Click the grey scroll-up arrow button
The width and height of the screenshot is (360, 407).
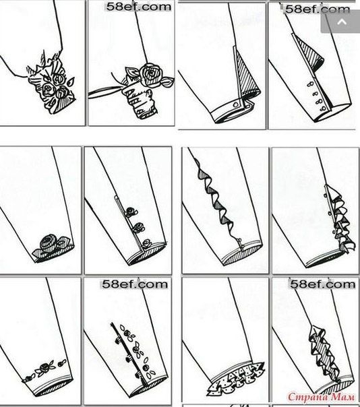pyautogui.click(x=341, y=22)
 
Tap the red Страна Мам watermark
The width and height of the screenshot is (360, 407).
pyautogui.click(x=321, y=397)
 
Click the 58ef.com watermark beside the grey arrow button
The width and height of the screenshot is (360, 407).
pyautogui.click(x=318, y=9)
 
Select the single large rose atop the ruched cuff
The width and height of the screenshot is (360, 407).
pyautogui.click(x=150, y=75)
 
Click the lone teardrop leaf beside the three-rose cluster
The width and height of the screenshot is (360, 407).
pyautogui.click(x=71, y=82)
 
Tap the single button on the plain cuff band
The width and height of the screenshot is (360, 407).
pyautogui.click(x=235, y=104)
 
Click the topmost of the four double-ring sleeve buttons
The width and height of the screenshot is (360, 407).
pyautogui.click(x=310, y=85)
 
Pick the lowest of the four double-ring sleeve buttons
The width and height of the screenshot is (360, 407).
pyautogui.click(x=324, y=108)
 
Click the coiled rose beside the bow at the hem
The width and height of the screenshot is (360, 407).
pyautogui.click(x=48, y=243)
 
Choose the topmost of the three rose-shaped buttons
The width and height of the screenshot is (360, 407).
pyautogui.click(x=131, y=212)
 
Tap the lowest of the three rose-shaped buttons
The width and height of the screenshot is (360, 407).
pyautogui.click(x=147, y=243)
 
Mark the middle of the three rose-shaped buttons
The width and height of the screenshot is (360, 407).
pyautogui.click(x=138, y=228)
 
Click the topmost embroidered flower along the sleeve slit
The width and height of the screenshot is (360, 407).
pyautogui.click(x=127, y=333)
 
